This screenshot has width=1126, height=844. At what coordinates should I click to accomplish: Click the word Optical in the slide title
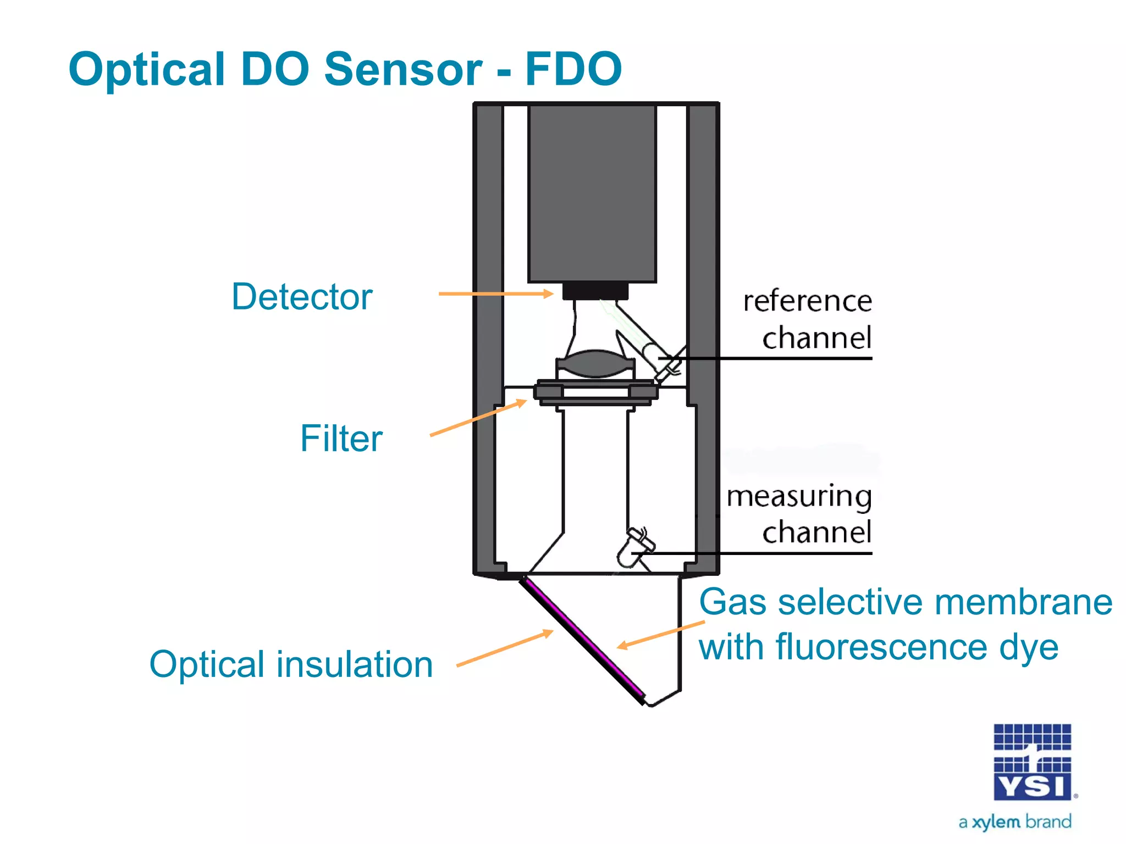(147, 70)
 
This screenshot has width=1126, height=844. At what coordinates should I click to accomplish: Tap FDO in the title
(573, 70)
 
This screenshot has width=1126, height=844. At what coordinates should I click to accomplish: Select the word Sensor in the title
(403, 70)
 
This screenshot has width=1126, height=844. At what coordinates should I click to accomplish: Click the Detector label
(302, 297)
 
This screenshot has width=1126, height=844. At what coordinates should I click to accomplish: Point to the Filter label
(341, 438)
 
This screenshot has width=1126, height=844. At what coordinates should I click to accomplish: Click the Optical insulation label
(291, 664)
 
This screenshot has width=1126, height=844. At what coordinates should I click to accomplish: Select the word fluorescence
(882, 647)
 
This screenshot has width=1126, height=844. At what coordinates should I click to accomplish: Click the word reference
(807, 301)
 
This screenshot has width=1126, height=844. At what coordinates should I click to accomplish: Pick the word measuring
(799, 497)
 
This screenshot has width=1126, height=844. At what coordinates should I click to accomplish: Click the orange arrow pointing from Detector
(495, 294)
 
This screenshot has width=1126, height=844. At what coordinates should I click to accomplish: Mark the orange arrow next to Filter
(478, 418)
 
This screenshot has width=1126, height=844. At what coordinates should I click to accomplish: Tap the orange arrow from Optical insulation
(504, 648)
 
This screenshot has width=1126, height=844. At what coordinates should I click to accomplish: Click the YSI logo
(1032, 762)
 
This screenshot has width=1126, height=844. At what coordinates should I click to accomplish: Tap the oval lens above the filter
(595, 364)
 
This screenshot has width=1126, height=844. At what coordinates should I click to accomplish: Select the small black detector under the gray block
(595, 291)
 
